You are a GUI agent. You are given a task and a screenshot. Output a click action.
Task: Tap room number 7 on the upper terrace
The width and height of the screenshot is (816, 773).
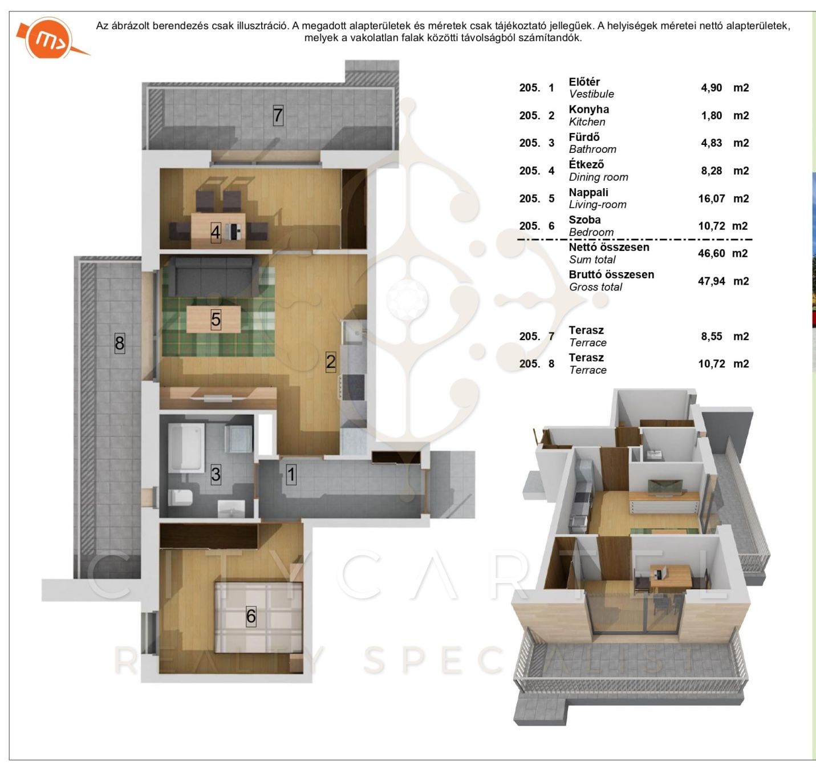click(278, 115)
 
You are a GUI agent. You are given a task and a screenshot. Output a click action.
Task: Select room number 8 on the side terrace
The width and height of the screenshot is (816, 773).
click(120, 343)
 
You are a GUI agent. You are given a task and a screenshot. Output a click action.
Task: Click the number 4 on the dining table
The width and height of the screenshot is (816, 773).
click(216, 233)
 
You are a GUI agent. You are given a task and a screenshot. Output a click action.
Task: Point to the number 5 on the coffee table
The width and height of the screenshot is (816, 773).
click(216, 319)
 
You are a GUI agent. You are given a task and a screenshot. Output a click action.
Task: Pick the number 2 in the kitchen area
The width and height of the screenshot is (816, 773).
click(330, 362)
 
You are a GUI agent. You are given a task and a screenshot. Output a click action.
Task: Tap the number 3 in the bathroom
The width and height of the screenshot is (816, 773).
click(216, 474)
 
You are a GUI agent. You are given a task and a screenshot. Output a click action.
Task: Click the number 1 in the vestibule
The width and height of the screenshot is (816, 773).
click(291, 474)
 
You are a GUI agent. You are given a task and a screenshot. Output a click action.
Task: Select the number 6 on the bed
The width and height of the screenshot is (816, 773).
click(251, 616)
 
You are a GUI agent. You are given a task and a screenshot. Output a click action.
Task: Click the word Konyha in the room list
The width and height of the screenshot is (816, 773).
click(588, 110)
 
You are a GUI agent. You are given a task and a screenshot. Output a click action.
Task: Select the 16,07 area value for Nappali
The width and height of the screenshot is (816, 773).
click(712, 199)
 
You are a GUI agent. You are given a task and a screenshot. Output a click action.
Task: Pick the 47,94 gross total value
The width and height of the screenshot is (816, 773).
click(712, 281)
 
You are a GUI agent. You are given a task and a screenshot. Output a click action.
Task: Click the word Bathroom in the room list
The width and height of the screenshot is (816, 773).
click(592, 149)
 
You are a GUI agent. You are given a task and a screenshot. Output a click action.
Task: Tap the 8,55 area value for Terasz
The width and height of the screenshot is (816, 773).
click(712, 337)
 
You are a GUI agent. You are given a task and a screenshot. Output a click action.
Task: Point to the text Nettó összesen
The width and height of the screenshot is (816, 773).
click(609, 247)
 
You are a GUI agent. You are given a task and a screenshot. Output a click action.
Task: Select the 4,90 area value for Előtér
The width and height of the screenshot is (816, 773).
click(712, 88)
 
